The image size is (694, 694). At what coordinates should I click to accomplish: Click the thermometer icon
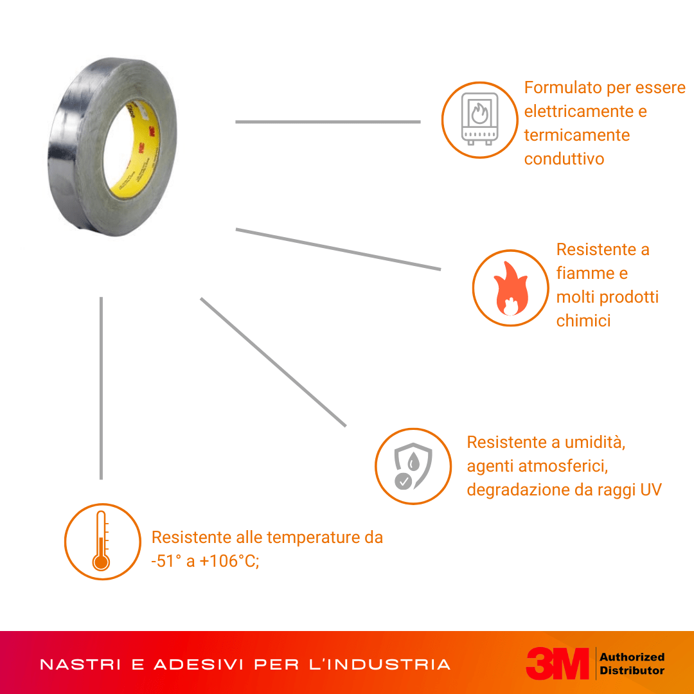click(x=102, y=541)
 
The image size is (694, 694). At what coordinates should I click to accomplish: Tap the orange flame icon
click(x=511, y=288)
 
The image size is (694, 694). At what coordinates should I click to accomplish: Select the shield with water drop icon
click(x=413, y=466)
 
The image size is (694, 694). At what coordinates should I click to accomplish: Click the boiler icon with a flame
click(x=479, y=119)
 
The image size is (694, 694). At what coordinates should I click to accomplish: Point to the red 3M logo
click(x=557, y=663)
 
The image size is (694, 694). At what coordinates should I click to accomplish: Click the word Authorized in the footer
click(x=632, y=657)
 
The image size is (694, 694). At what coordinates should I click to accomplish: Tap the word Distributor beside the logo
click(x=632, y=670)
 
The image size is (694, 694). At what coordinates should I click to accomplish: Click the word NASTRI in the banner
click(x=80, y=664)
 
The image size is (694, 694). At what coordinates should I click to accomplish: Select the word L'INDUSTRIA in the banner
click(x=379, y=664)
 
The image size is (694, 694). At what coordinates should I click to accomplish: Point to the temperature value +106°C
click(x=229, y=561)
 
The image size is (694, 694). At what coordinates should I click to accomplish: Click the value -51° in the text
click(x=166, y=561)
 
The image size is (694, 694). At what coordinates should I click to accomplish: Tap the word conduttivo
click(x=564, y=159)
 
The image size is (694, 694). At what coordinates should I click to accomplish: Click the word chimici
click(x=583, y=321)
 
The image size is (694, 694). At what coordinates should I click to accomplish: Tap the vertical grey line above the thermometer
click(x=102, y=388)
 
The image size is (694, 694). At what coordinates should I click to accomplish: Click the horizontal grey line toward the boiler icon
click(x=328, y=121)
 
